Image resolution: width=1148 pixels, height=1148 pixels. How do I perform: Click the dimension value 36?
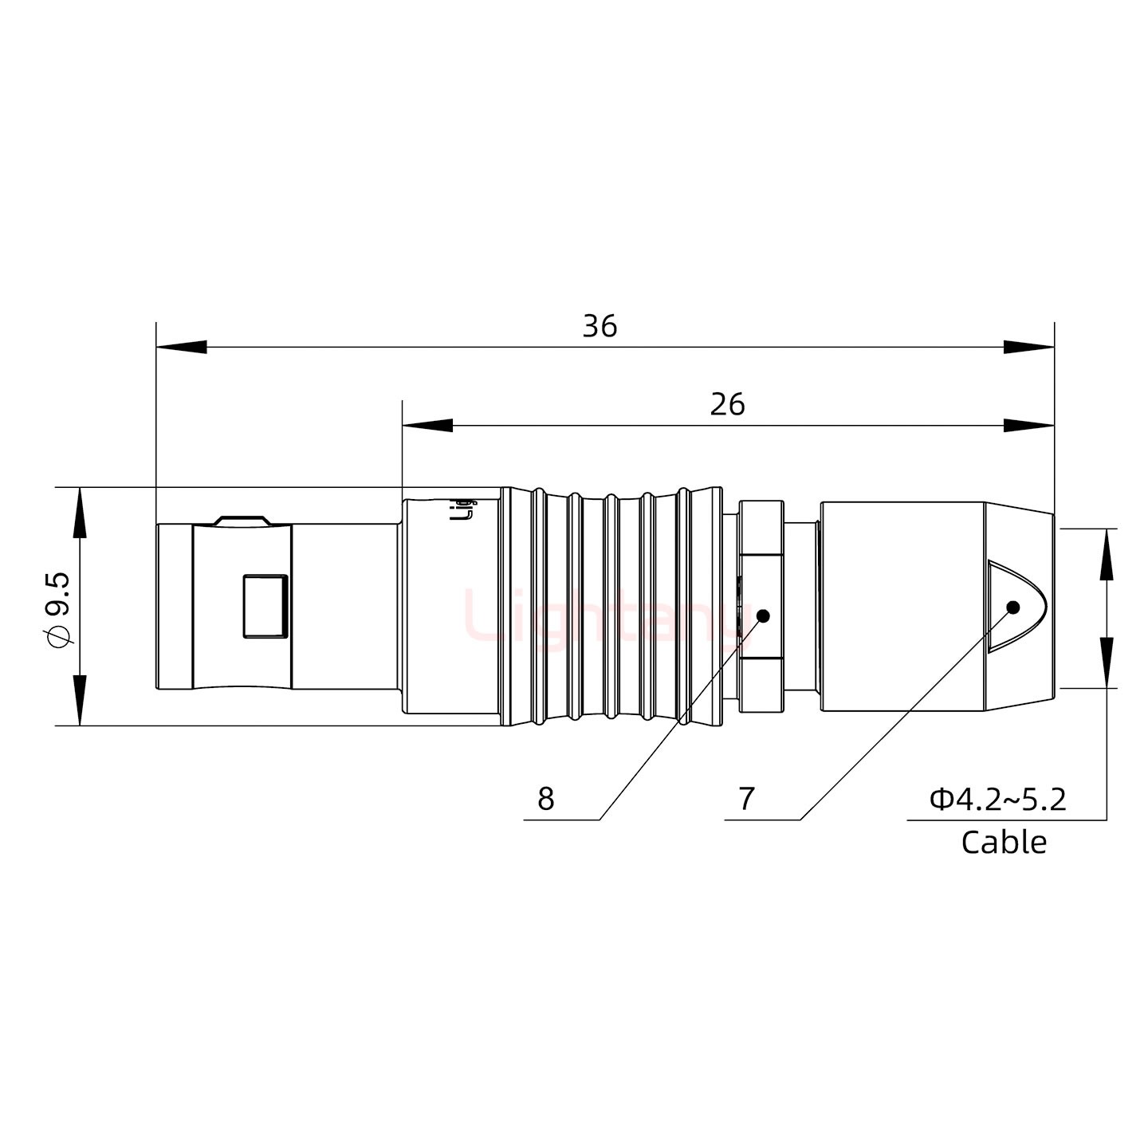pos(600,327)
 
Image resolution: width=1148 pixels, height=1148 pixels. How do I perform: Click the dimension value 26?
pos(727,405)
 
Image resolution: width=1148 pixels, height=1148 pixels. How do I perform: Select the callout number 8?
pos(545,798)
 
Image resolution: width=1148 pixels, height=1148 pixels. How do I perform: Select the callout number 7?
pos(746,798)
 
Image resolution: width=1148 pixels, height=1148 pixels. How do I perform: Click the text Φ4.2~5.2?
pos(998,799)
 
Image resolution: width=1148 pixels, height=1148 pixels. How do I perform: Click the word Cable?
pos(1004,842)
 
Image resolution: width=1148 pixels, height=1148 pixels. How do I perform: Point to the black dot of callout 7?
pos(1013,607)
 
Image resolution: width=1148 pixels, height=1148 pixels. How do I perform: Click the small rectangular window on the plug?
pos(265,606)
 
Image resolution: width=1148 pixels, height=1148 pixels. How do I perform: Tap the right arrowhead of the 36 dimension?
pos(1029,348)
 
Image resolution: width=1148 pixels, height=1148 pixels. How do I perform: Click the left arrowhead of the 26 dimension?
pos(427,426)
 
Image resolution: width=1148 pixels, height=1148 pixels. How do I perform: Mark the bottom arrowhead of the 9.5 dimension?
pos(80,701)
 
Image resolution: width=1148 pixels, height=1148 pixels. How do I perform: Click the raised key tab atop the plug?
pos(242,520)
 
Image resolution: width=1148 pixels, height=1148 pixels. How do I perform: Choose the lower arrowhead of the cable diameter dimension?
pos(1107,662)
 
